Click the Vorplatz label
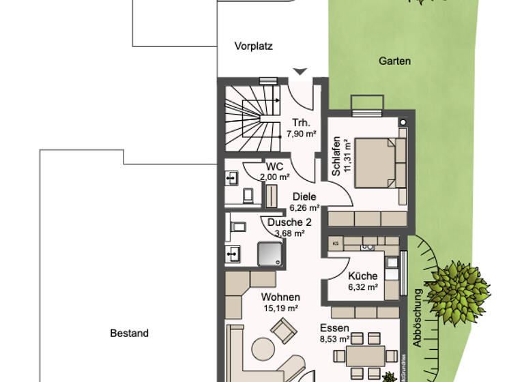tap(253, 47)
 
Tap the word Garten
tap(394, 61)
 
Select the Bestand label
tap(129, 334)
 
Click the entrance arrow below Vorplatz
tap(300, 72)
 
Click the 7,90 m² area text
tap(301, 134)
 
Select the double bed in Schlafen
tap(374, 161)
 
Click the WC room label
tap(274, 166)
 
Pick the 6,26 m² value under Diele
tap(304, 208)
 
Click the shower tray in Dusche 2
tap(271, 253)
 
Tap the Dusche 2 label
tap(289, 222)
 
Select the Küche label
tap(362, 276)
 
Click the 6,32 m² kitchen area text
tap(363, 287)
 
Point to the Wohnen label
tap(280, 297)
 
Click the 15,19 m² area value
tap(280, 308)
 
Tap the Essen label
tap(334, 327)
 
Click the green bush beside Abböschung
tap(452, 286)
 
